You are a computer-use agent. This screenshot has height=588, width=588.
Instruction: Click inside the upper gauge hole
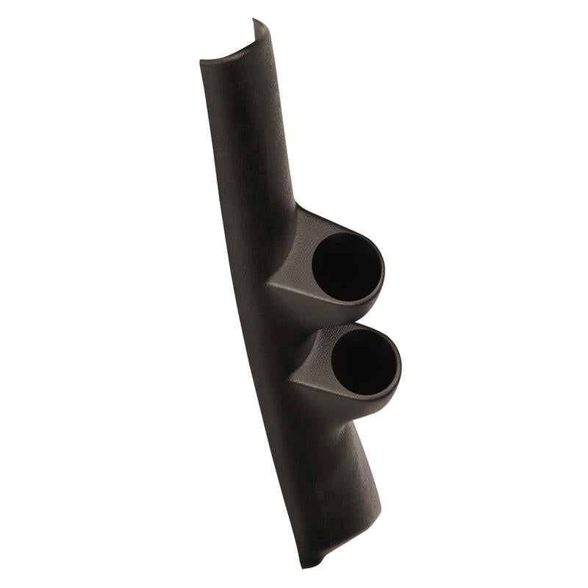tap(345, 268)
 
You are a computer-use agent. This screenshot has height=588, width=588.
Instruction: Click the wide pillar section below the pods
tap(323, 478)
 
